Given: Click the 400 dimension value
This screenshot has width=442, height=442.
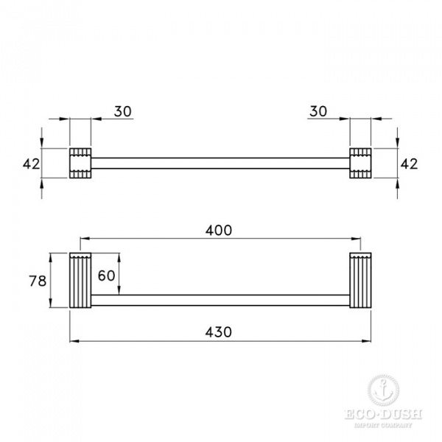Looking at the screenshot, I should [x=219, y=230].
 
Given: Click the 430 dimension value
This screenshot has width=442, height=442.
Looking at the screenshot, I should [x=219, y=331].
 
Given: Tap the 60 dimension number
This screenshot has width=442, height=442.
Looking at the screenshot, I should [x=107, y=276].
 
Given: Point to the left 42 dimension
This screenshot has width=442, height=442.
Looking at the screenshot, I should [x=30, y=164].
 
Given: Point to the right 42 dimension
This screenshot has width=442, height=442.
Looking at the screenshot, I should [x=409, y=164].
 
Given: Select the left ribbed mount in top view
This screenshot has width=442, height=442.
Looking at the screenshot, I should [x=80, y=163].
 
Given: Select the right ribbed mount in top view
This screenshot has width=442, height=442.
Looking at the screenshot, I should [x=359, y=163].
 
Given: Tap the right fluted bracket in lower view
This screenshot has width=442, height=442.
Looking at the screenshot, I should [x=359, y=281].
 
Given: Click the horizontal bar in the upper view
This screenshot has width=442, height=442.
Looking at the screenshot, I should [x=220, y=163].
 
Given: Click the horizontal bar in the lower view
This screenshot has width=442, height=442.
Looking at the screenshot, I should [x=220, y=301].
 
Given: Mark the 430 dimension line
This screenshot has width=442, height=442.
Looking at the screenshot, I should [x=147, y=340].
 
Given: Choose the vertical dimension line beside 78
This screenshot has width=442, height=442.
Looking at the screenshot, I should [x=50, y=281].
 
